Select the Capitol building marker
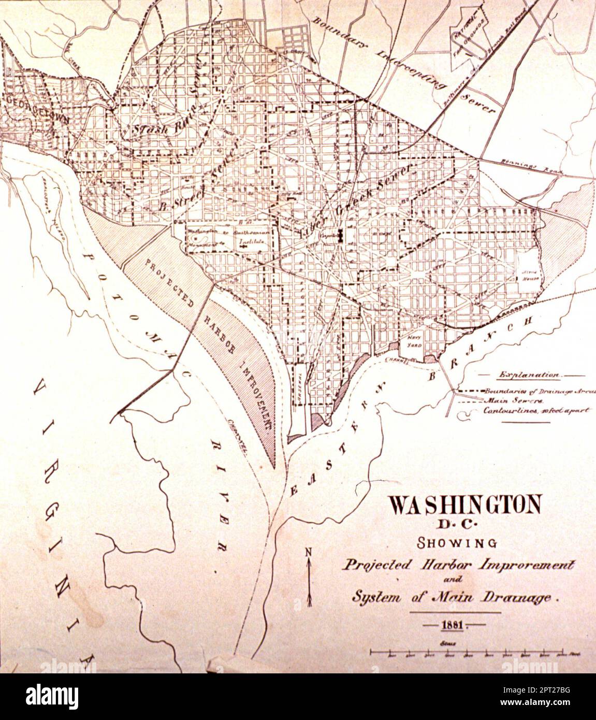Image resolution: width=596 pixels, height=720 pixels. [x=341, y=236]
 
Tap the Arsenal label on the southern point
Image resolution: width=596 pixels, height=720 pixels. [x=299, y=383]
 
